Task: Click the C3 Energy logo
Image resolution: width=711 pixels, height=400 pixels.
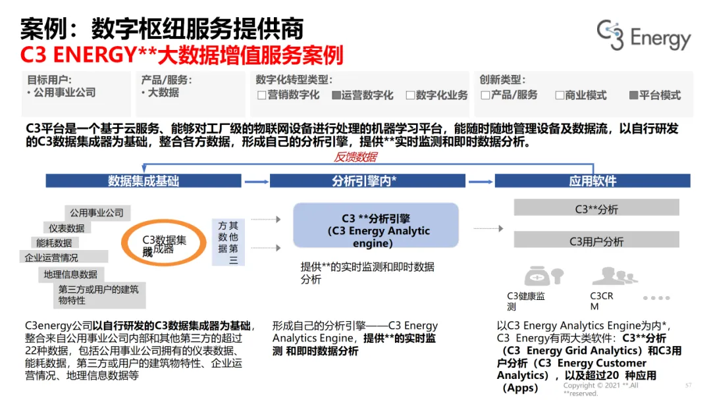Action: (x=643, y=36)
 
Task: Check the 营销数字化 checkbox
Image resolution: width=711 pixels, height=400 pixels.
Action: (x=261, y=95)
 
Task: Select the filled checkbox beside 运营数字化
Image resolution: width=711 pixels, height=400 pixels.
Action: (x=336, y=95)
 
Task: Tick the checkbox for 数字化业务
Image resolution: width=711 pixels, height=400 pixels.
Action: (x=410, y=95)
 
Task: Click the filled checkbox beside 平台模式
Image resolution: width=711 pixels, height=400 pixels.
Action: (x=634, y=95)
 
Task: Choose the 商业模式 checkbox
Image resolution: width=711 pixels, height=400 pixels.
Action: (x=560, y=95)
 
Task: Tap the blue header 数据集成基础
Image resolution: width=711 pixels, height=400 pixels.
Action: (x=144, y=181)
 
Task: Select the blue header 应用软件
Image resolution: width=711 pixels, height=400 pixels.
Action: (x=592, y=181)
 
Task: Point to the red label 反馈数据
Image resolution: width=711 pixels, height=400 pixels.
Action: (x=355, y=157)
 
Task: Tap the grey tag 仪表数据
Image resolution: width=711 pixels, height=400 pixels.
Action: (x=66, y=228)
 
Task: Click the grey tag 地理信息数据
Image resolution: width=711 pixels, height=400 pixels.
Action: (x=70, y=274)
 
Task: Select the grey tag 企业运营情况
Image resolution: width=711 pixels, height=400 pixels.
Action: (x=51, y=257)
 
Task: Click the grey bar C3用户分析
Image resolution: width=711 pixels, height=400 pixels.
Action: (x=596, y=241)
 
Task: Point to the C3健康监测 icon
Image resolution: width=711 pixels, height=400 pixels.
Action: (x=543, y=275)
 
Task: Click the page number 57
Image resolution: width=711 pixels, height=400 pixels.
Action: (x=688, y=385)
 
